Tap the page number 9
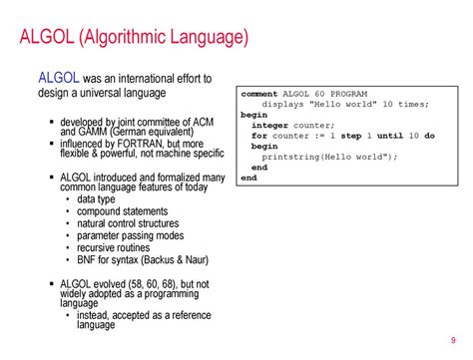click(x=454, y=336)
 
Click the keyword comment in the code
click(x=258, y=93)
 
